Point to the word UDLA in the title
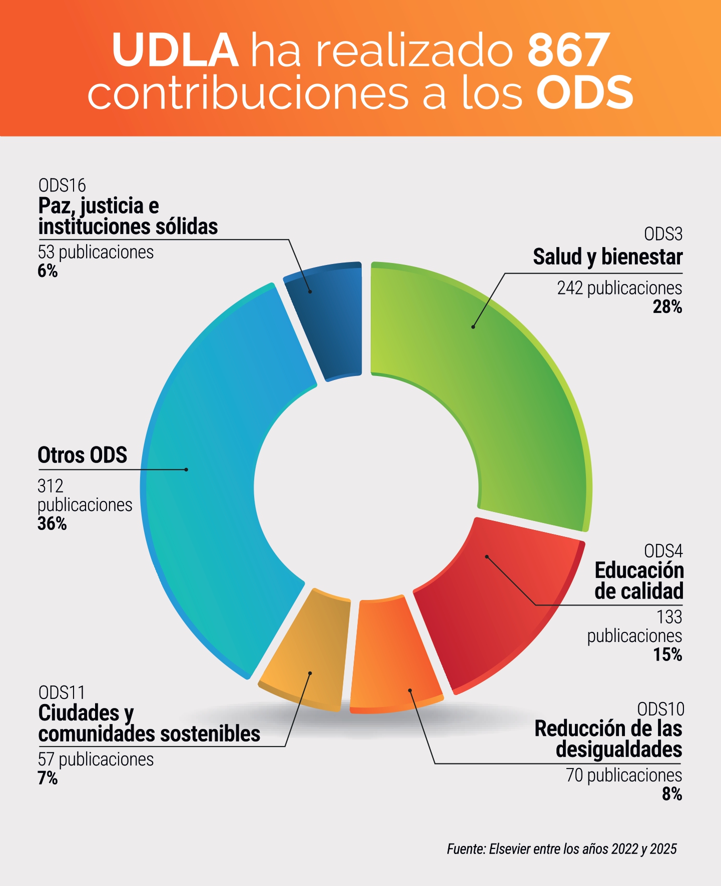click(175, 50)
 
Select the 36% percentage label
click(52, 524)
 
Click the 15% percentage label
click(667, 655)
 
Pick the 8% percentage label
click(672, 794)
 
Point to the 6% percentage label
click(48, 271)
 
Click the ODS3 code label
click(663, 234)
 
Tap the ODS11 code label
click(62, 693)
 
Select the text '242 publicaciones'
click(619, 288)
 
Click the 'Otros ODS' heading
click(83, 455)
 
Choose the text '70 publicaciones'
click(624, 775)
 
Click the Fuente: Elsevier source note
click(561, 849)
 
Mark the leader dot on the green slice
click(473, 327)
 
